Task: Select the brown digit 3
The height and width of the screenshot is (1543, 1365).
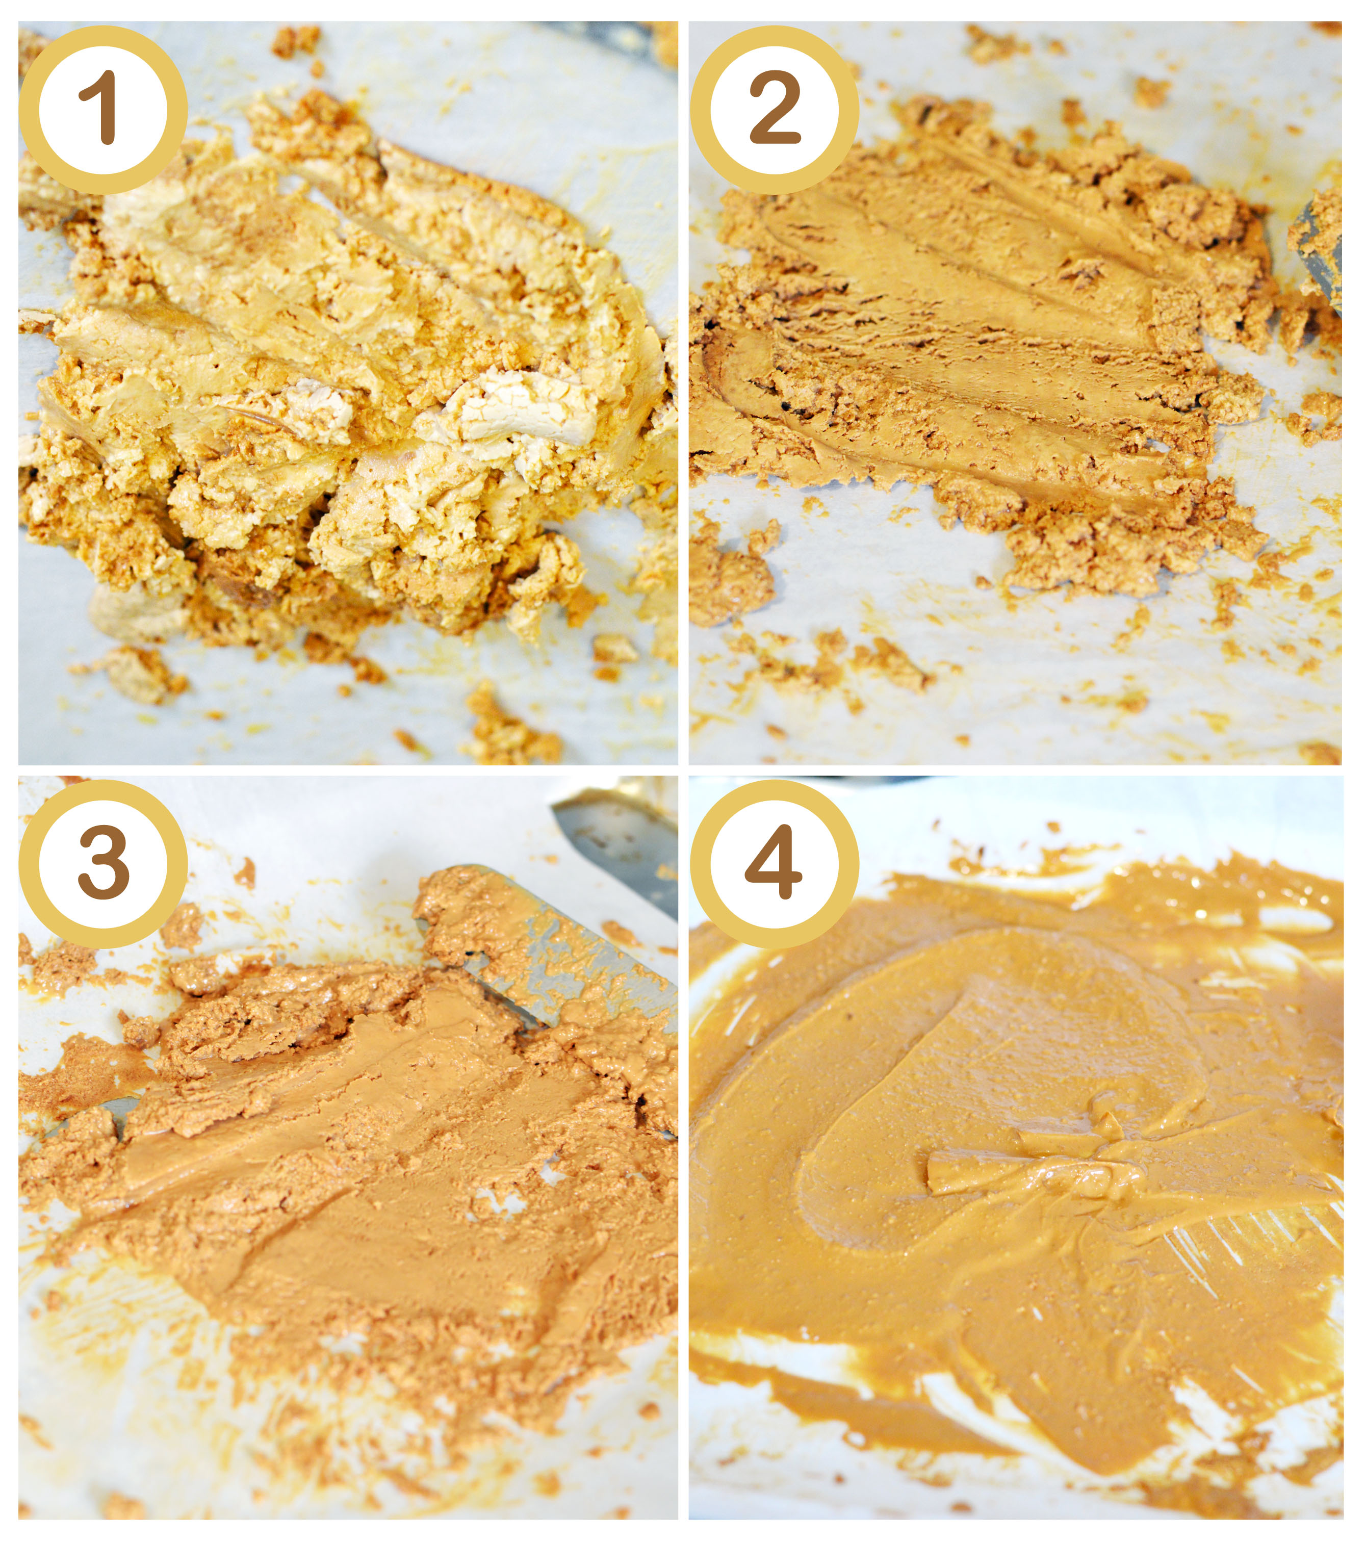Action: pyautogui.click(x=104, y=862)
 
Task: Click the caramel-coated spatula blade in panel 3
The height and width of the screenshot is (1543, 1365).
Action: pyautogui.click(x=551, y=944)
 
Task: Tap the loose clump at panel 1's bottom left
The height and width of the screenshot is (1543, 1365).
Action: pyautogui.click(x=140, y=672)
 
